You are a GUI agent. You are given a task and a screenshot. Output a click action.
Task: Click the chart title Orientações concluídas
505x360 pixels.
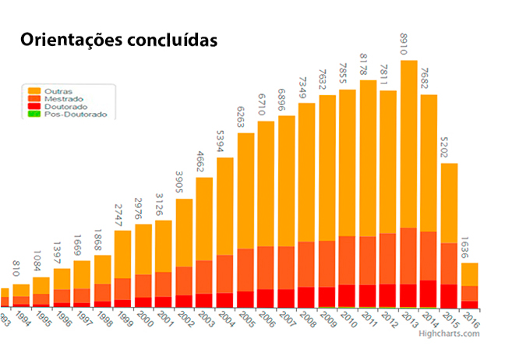pyautogui.click(x=118, y=40)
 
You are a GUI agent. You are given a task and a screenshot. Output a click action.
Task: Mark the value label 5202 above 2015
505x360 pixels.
pyautogui.click(x=449, y=148)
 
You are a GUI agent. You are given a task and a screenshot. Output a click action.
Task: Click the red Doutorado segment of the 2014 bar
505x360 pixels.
pyautogui.click(x=429, y=294)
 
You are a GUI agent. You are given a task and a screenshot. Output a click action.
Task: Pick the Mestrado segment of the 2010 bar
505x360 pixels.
pyautogui.click(x=347, y=260)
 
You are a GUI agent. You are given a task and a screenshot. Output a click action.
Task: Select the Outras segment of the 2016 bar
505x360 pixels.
pyautogui.click(x=469, y=274)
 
